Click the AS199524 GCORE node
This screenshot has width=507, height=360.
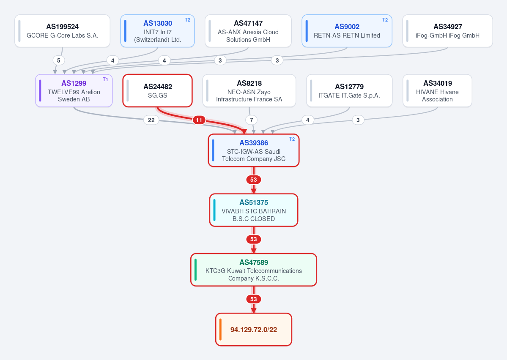click(63, 31)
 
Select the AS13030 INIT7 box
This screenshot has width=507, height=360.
click(157, 31)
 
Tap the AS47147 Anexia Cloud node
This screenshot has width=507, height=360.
click(248, 31)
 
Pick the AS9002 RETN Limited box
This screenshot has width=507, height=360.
click(347, 31)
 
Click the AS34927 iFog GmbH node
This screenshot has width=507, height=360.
click(447, 31)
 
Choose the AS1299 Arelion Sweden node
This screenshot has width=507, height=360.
click(74, 91)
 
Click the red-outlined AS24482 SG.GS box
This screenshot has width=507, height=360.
click(157, 91)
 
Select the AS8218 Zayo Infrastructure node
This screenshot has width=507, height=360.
click(249, 91)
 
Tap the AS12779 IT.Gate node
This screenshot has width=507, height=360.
click(349, 91)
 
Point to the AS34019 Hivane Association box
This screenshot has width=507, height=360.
click(438, 91)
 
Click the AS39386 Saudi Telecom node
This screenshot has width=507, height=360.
click(254, 150)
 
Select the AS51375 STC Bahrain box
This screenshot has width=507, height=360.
click(254, 210)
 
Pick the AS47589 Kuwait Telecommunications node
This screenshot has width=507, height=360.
click(254, 270)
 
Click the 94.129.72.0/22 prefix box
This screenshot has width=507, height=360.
click(254, 330)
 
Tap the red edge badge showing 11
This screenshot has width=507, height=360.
click(199, 120)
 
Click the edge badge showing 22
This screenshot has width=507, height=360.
click(151, 120)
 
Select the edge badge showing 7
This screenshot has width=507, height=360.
click(251, 120)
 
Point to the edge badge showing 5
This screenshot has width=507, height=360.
click(58, 60)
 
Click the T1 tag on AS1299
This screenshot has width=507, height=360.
click(105, 79)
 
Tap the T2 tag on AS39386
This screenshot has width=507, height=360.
click(292, 139)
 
